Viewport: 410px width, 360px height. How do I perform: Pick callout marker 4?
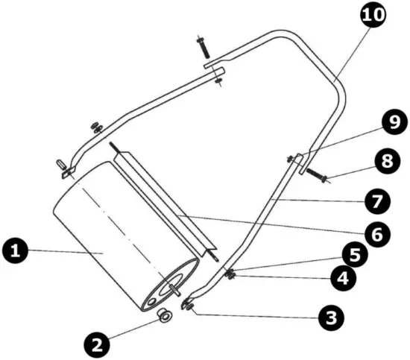tap(342, 279)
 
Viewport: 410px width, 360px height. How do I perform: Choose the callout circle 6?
tap(378, 233)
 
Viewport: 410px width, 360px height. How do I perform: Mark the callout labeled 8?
tap(385, 160)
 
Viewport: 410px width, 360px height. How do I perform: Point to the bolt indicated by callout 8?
tap(318, 176)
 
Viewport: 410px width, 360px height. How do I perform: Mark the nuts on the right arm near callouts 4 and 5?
tap(231, 275)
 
